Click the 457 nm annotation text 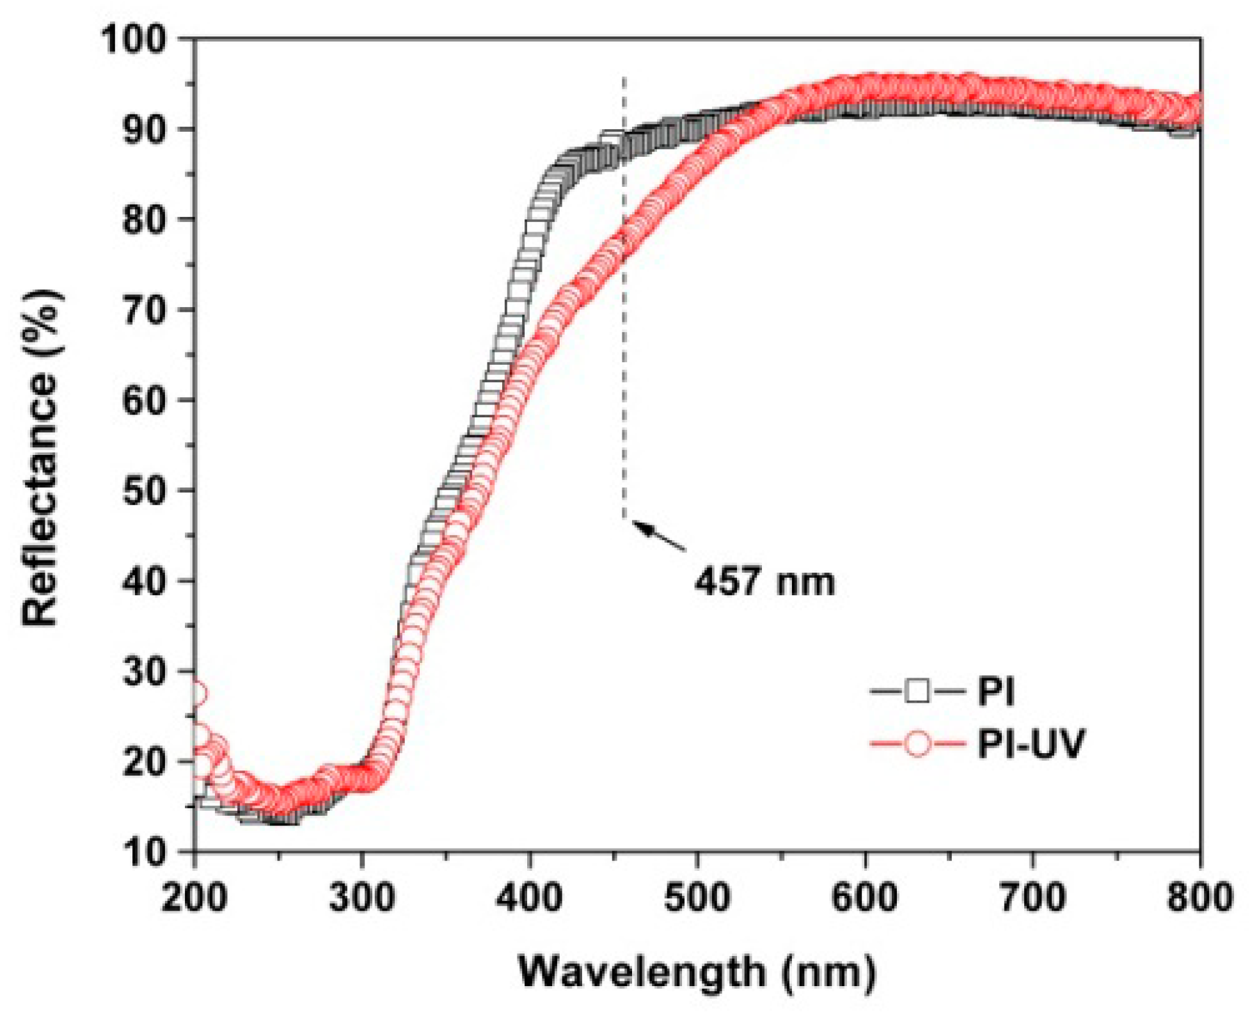pos(765,582)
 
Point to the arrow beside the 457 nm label pos(660,536)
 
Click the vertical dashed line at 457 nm pos(624,320)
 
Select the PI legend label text pos(996,691)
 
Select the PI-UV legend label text pos(1031,744)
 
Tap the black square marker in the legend pos(917,691)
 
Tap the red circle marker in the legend pos(917,744)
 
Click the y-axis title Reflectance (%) pos(42,457)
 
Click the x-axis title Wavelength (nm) pos(696,971)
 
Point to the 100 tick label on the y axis pos(133,40)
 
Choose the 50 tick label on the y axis pos(142,491)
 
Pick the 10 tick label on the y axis pos(142,852)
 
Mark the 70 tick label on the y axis pos(142,310)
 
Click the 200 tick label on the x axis pos(194,896)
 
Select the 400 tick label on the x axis pos(530,896)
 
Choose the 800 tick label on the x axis pos(1199,896)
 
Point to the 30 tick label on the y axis pos(142,671)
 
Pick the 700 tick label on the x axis pos(1032,896)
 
